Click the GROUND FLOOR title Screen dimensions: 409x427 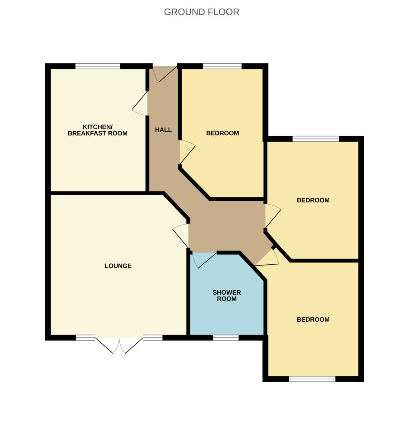pyautogui.click(x=201, y=12)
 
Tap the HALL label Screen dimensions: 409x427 pyautogui.click(x=163, y=130)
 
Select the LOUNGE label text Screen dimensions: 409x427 pyautogui.click(x=118, y=266)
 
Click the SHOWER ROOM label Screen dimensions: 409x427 pyautogui.click(x=227, y=296)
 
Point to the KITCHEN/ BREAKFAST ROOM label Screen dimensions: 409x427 pyautogui.click(x=97, y=130)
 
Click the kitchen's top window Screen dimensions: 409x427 pyautogui.click(x=98, y=66)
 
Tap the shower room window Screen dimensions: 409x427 pyautogui.click(x=226, y=337)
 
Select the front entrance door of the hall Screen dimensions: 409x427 pyautogui.click(x=165, y=74)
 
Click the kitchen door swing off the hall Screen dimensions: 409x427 pyautogui.click(x=140, y=103)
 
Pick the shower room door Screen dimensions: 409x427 pyautogui.click(x=204, y=260)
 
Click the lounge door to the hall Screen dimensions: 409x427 pyautogui.click(x=180, y=236)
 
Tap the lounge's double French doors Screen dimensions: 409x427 pyautogui.click(x=119, y=346)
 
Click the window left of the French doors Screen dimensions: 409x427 pyautogui.click(x=85, y=337)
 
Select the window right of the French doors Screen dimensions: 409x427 pyautogui.click(x=153, y=337)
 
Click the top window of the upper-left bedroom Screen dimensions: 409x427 pyautogui.click(x=222, y=66)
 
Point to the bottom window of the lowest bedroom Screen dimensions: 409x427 pyautogui.click(x=312, y=379)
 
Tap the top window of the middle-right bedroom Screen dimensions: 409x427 pyautogui.click(x=316, y=139)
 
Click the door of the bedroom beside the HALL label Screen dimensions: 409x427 pyautogui.click(x=187, y=152)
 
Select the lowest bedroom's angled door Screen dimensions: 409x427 pyautogui.click(x=267, y=258)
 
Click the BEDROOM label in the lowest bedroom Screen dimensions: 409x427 pyautogui.click(x=313, y=320)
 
